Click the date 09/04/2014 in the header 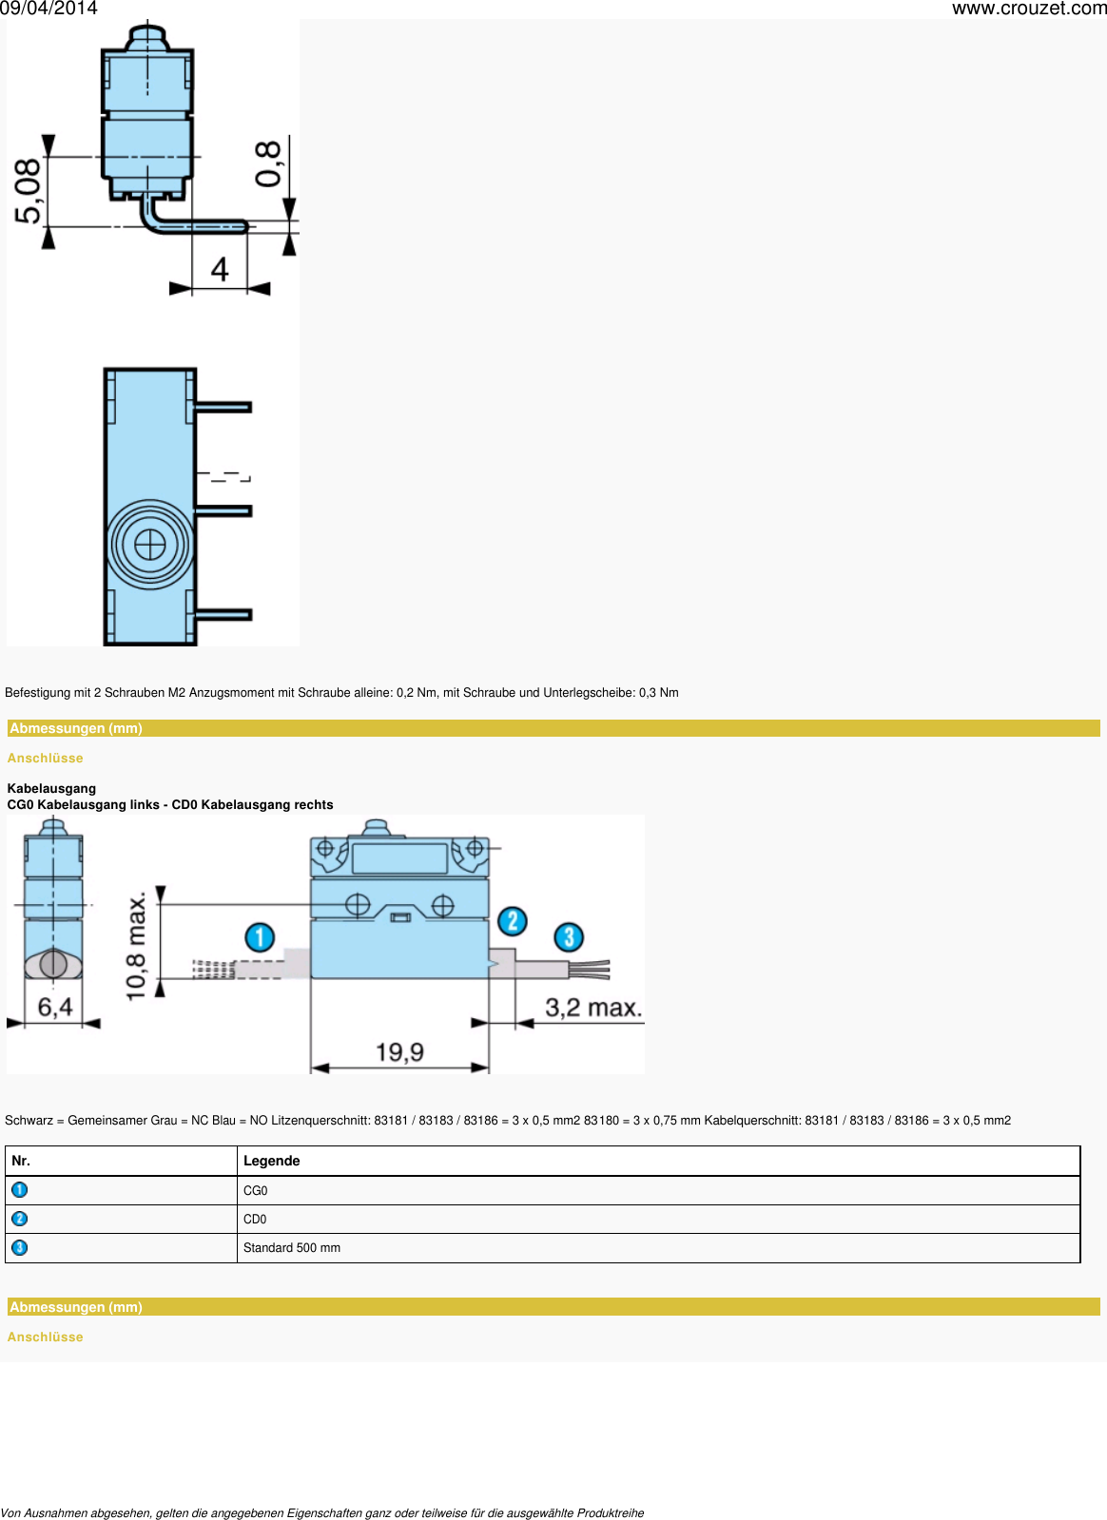(49, 9)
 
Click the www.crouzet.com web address (1029, 9)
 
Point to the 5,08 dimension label (29, 191)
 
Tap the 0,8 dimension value (269, 164)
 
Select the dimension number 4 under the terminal (220, 270)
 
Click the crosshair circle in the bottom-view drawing (150, 545)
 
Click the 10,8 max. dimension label (137, 945)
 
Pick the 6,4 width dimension (54, 1007)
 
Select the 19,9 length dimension (399, 1052)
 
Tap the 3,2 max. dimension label (593, 1008)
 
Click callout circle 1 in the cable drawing (260, 937)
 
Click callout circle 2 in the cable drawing (513, 920)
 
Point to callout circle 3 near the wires (569, 937)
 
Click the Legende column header (272, 1161)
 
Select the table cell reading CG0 (256, 1191)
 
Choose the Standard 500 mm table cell (292, 1248)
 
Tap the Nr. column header (21, 1161)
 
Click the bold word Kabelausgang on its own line (51, 788)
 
